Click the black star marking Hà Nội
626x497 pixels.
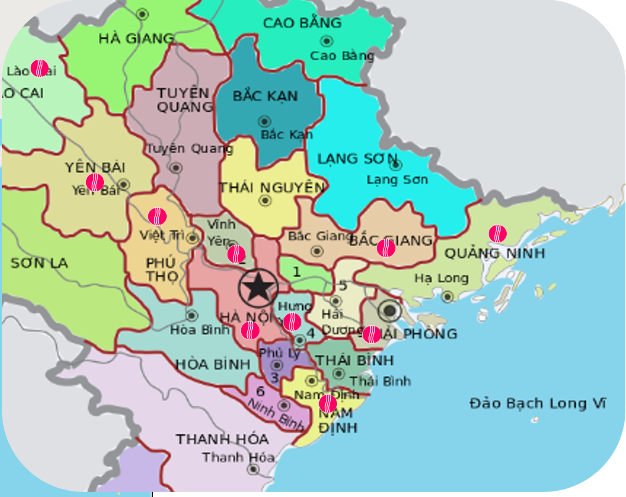coord(258,287)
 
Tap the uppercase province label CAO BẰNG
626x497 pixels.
coord(302,23)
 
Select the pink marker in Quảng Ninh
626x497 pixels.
coord(497,234)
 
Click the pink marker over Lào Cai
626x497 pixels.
coord(39,68)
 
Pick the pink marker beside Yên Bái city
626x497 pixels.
coord(95,182)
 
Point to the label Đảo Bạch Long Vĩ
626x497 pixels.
coord(537,404)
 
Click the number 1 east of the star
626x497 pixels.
coord(296,271)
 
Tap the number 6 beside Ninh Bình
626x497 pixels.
coord(260,391)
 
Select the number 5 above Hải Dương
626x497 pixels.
coord(343,285)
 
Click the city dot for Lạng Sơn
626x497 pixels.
coord(396,165)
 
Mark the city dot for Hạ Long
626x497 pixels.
coord(448,296)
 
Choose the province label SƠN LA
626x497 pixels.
coord(39,263)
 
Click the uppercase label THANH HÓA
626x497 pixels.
coord(222,439)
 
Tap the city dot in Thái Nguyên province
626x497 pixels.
coord(265,201)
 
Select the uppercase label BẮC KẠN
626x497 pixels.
coord(265,97)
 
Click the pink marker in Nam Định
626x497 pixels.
coord(328,404)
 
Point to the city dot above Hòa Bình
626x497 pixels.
coord(192,316)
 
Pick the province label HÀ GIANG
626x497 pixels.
coord(136,39)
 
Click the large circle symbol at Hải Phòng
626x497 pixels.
coord(389,311)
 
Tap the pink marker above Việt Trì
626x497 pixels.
coord(157,217)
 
